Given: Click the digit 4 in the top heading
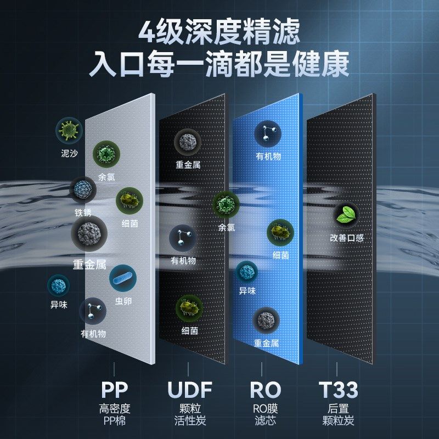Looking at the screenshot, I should point(148,31).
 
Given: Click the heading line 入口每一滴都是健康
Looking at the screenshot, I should point(219,65).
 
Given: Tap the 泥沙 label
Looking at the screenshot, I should point(69,153).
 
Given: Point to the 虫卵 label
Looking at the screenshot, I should point(123,301).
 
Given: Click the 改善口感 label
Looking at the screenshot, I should point(347,238).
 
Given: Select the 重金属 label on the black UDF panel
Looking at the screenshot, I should point(188,164).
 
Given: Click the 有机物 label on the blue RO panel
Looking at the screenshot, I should point(268,156).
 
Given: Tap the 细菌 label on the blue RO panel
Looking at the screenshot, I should point(280,255).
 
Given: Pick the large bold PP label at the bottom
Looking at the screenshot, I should point(115,390).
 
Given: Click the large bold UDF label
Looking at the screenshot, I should point(189,390).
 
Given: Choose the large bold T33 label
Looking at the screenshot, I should point(338,390).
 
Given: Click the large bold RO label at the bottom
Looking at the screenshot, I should point(265,390).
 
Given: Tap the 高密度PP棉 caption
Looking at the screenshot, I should point(115,415).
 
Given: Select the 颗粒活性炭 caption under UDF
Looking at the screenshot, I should point(189,415).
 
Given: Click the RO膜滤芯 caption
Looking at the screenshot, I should point(265,415).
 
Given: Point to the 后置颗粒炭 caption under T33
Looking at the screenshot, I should point(338,415).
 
